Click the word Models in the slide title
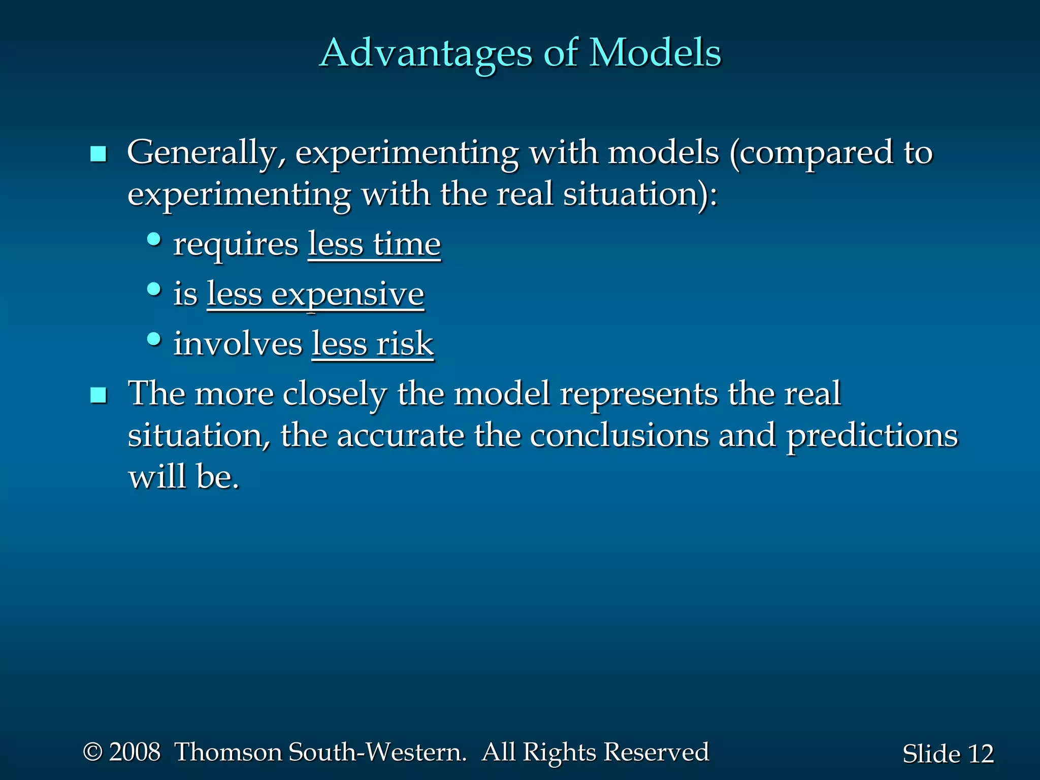pyautogui.click(x=655, y=52)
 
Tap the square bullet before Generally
pyautogui.click(x=98, y=154)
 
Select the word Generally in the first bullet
pyautogui.click(x=206, y=153)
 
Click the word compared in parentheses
pyautogui.click(x=816, y=153)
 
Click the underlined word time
pyautogui.click(x=407, y=244)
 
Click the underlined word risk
pyautogui.click(x=405, y=344)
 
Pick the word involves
pyautogui.click(x=238, y=344)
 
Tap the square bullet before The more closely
pyautogui.click(x=98, y=395)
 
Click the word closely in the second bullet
pyautogui.click(x=335, y=394)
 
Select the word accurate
pyautogui.click(x=401, y=436)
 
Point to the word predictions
pyautogui.click(x=872, y=436)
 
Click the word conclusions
pyautogui.click(x=619, y=436)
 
